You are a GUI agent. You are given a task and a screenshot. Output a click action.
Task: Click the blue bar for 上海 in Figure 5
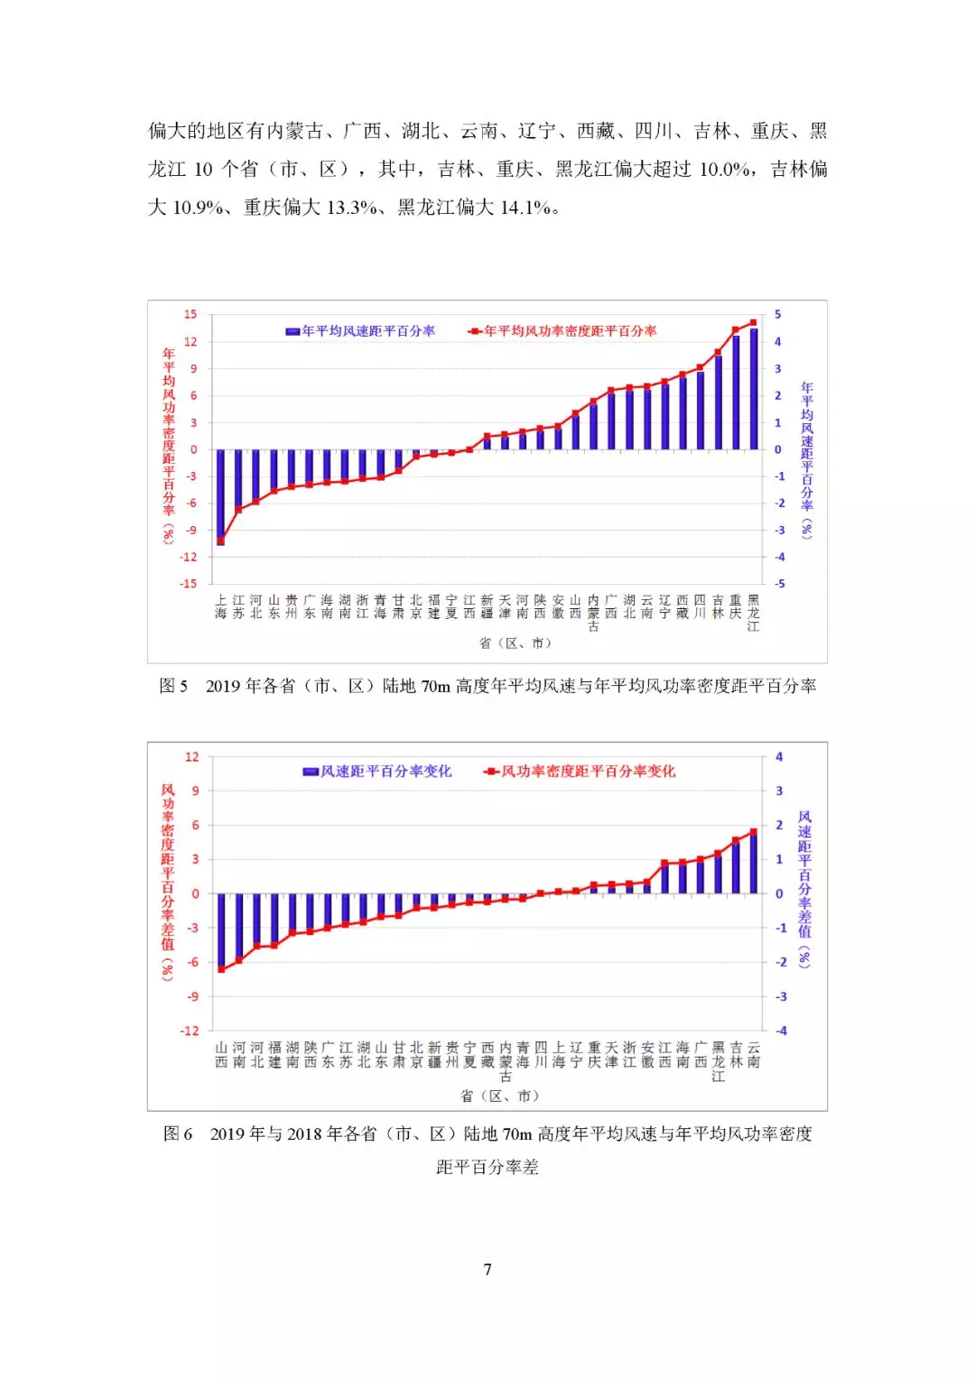pos(221,496)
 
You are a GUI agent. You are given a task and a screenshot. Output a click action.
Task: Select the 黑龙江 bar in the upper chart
pos(754,389)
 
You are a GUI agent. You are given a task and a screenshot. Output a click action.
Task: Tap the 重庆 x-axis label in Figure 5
pos(736,606)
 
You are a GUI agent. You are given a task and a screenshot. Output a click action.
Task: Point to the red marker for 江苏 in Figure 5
pos(238,509)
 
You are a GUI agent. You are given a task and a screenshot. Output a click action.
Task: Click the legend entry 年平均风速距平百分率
pos(360,331)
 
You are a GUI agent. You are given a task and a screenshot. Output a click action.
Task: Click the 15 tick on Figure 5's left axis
pos(190,315)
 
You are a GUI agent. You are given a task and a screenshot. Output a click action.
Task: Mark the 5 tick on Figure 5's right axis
pos(777,315)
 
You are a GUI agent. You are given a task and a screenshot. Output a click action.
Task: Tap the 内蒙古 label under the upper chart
pos(593,613)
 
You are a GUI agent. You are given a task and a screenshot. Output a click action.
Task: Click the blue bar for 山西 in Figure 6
pos(221,930)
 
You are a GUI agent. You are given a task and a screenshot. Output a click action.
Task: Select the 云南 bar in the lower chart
pos(754,863)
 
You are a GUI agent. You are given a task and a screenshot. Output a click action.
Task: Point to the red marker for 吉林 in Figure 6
pos(736,840)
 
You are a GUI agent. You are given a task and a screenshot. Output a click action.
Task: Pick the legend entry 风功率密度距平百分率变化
pos(580,772)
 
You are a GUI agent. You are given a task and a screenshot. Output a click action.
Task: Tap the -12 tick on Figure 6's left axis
pos(190,1031)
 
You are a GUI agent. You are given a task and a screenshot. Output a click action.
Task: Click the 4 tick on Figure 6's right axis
pos(779,757)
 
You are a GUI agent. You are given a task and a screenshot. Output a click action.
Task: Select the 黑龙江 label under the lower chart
pos(719,1061)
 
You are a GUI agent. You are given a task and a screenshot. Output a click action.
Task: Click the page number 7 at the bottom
pos(487,1270)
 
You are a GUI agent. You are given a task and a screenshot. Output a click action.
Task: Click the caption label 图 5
pos(173,687)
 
